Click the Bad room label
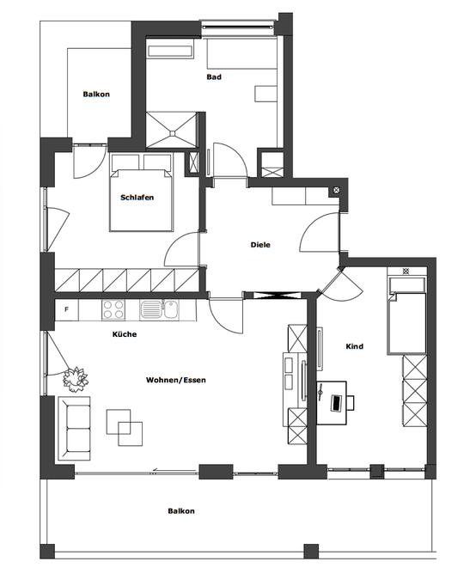[214, 77]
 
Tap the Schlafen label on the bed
[137, 198]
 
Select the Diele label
[260, 245]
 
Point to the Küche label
[125, 334]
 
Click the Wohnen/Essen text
[176, 379]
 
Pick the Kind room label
[354, 347]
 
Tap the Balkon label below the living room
[180, 511]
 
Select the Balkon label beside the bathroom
[96, 95]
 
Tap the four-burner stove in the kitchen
[114, 308]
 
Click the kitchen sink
[152, 308]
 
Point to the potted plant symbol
[76, 376]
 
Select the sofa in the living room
[75, 428]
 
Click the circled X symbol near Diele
[336, 190]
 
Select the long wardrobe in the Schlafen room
[127, 280]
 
